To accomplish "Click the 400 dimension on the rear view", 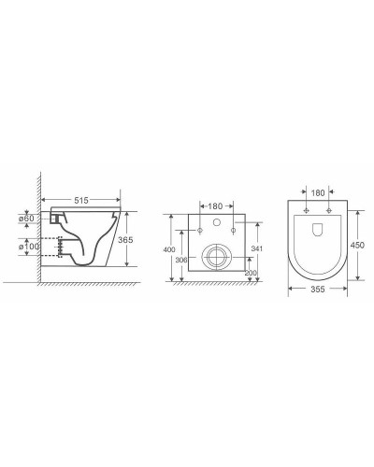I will point(169,250).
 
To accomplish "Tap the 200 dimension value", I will point(250,273).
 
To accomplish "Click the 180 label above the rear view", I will point(215,205).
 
